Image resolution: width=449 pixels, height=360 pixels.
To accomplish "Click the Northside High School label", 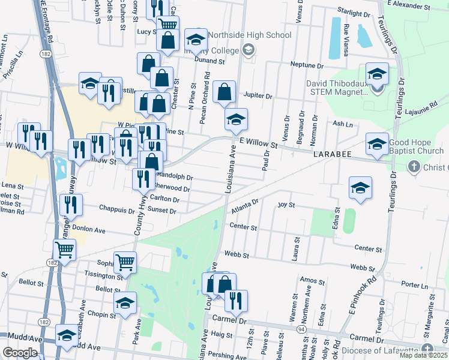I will click(x=250, y=35).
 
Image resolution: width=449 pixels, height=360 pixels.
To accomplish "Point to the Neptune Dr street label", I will click(x=307, y=65).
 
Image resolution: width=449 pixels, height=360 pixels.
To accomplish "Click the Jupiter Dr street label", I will click(x=259, y=95).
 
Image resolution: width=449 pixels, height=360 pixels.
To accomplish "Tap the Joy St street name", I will click(x=286, y=205).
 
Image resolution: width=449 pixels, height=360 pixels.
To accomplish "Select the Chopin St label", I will click(x=104, y=315).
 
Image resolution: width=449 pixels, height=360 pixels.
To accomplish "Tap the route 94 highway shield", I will click(x=301, y=329).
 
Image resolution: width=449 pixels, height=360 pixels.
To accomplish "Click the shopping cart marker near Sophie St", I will click(x=125, y=262).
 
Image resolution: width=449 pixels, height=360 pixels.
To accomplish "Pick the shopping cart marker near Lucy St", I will click(x=168, y=25).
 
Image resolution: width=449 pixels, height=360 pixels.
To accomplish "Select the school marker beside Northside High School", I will click(x=195, y=40).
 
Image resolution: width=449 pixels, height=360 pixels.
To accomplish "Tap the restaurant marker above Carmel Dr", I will click(x=235, y=300).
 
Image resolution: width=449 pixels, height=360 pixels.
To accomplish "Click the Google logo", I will click(x=20, y=353).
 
